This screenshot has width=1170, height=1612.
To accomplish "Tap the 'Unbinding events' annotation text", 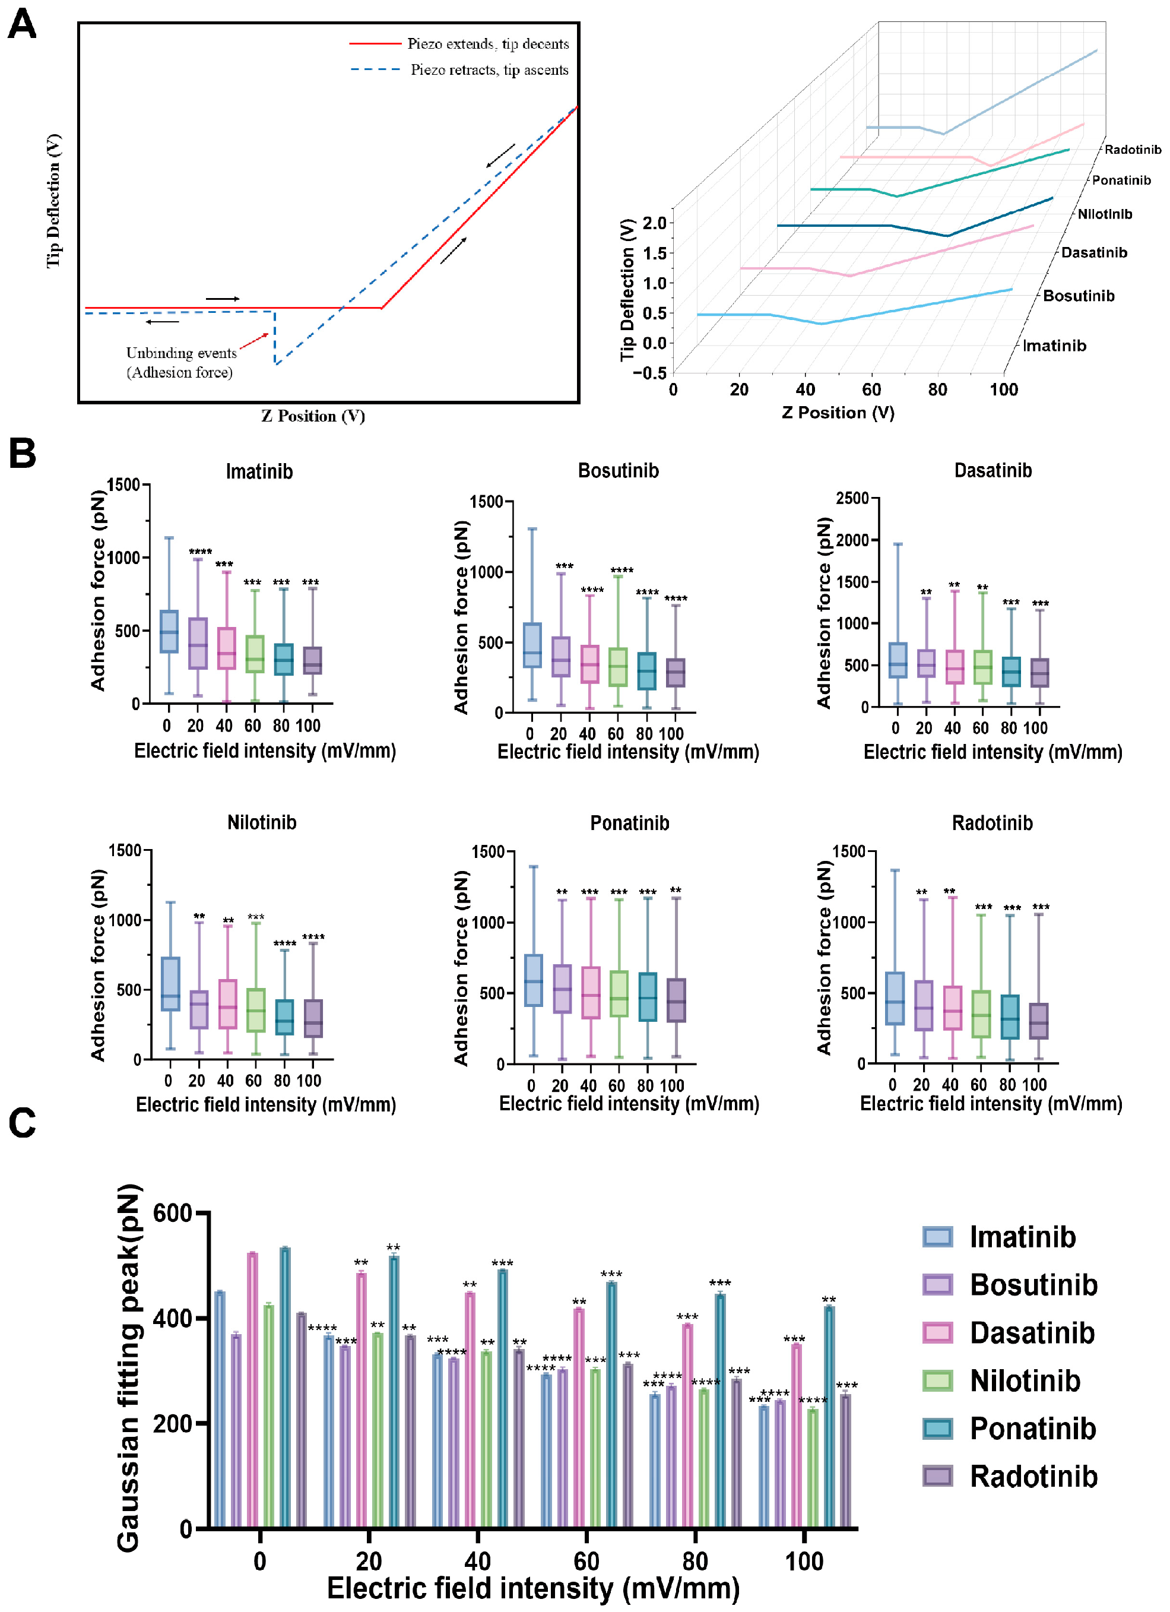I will tap(181, 353).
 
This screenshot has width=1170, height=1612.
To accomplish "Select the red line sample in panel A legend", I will tap(375, 44).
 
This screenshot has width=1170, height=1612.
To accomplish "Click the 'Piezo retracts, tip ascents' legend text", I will tap(489, 69).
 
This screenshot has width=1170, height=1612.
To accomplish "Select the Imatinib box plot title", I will tap(259, 471).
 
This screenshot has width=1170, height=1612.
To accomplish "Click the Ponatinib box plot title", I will tap(629, 823).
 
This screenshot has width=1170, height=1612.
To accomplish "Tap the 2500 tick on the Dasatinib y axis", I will tap(852, 498).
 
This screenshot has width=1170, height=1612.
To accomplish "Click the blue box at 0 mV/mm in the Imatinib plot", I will tap(169, 631).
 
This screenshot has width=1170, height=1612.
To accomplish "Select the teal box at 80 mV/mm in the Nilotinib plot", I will tap(284, 1017).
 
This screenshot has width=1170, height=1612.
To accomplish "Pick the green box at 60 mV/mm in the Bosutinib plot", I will tap(618, 667).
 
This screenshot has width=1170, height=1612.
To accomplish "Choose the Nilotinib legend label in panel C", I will tap(1025, 1380).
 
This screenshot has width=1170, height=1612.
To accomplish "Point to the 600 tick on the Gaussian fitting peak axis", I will tap(172, 1213).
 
